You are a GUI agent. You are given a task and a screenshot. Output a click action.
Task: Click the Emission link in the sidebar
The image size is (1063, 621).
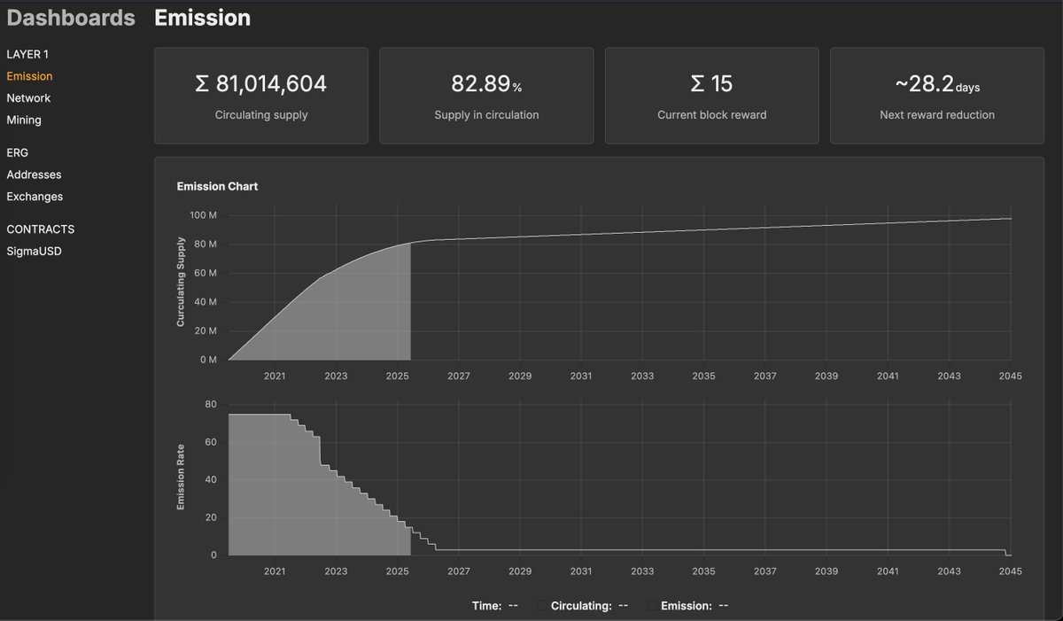click(x=29, y=76)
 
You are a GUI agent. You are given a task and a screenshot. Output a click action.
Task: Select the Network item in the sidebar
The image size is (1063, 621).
click(x=28, y=98)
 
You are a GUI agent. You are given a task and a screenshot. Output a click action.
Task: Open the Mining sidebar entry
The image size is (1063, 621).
click(x=24, y=120)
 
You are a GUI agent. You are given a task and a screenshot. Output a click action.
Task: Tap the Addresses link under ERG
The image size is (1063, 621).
click(x=34, y=175)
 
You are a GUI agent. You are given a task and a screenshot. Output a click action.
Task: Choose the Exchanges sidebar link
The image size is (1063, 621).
click(x=35, y=197)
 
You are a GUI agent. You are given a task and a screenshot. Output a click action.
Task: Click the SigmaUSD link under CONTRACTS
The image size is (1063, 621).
click(x=35, y=251)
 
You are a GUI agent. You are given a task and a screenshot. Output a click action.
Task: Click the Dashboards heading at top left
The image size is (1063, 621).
click(x=71, y=18)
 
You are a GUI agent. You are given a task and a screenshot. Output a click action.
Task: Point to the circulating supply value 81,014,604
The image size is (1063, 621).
click(x=261, y=84)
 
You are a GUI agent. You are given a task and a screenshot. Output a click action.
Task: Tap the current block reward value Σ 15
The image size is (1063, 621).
click(x=711, y=84)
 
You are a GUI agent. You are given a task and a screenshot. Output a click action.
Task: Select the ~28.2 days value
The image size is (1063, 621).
click(x=936, y=84)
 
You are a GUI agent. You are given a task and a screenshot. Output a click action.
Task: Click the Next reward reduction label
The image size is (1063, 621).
click(x=936, y=115)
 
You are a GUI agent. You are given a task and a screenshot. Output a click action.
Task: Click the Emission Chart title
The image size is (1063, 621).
click(x=217, y=186)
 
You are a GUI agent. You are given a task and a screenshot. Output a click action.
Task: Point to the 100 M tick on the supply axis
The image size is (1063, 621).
click(x=203, y=216)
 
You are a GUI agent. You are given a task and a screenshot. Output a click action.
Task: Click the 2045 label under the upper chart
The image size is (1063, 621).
click(x=1010, y=376)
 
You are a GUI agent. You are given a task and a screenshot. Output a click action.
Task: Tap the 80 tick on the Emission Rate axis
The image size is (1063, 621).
click(x=210, y=404)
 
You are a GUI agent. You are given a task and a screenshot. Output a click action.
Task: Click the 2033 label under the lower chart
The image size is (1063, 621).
click(x=642, y=572)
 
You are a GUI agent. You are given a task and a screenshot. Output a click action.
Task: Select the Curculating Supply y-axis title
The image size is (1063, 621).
click(x=181, y=283)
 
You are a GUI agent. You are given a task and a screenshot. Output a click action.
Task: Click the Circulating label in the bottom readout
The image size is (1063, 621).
click(x=581, y=606)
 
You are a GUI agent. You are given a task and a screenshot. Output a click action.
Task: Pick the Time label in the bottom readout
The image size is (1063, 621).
click(x=486, y=606)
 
